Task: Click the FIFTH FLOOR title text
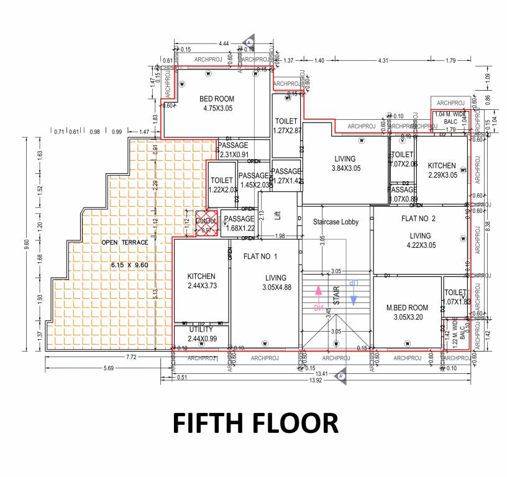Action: point(255,423)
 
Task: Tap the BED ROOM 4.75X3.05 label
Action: point(216,104)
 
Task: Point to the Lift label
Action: point(278,215)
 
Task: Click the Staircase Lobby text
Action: point(336,222)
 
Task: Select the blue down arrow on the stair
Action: point(354,294)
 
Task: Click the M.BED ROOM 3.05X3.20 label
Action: point(407,312)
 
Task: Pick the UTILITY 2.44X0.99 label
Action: point(201,333)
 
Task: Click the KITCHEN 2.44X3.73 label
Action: point(201,281)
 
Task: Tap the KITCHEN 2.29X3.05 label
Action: point(442,171)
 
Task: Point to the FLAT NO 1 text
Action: point(260,256)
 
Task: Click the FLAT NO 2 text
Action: point(419,218)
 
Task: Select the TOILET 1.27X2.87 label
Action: point(286,125)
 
